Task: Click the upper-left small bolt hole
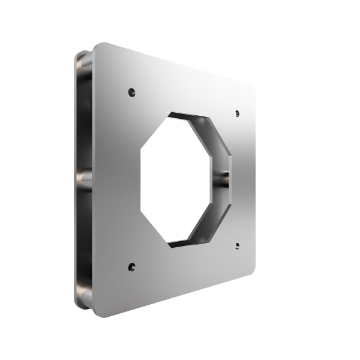click(132, 92)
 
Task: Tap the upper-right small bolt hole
click(237, 113)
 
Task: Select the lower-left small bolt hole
click(132, 266)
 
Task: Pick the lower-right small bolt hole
click(237, 245)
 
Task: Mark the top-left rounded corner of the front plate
click(97, 47)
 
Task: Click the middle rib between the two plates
click(84, 180)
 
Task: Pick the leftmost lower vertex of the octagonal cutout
click(142, 211)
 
